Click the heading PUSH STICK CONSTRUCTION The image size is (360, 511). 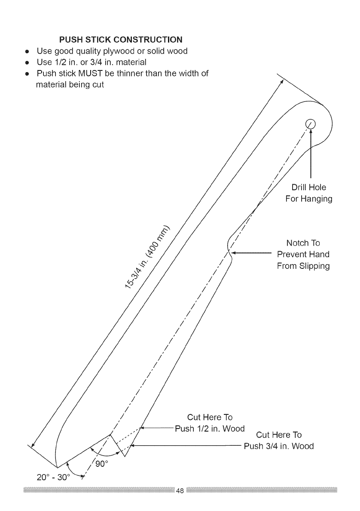coord(121,40)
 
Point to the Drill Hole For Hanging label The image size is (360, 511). coord(308,193)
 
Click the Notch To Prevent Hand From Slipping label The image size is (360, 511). coord(303,254)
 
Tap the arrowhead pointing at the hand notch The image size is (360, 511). coord(235,254)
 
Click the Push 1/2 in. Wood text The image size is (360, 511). coord(210,428)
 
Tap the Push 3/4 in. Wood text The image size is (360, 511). coord(279,446)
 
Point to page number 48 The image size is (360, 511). coord(180,491)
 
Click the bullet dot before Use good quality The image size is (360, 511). coord(27,52)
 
